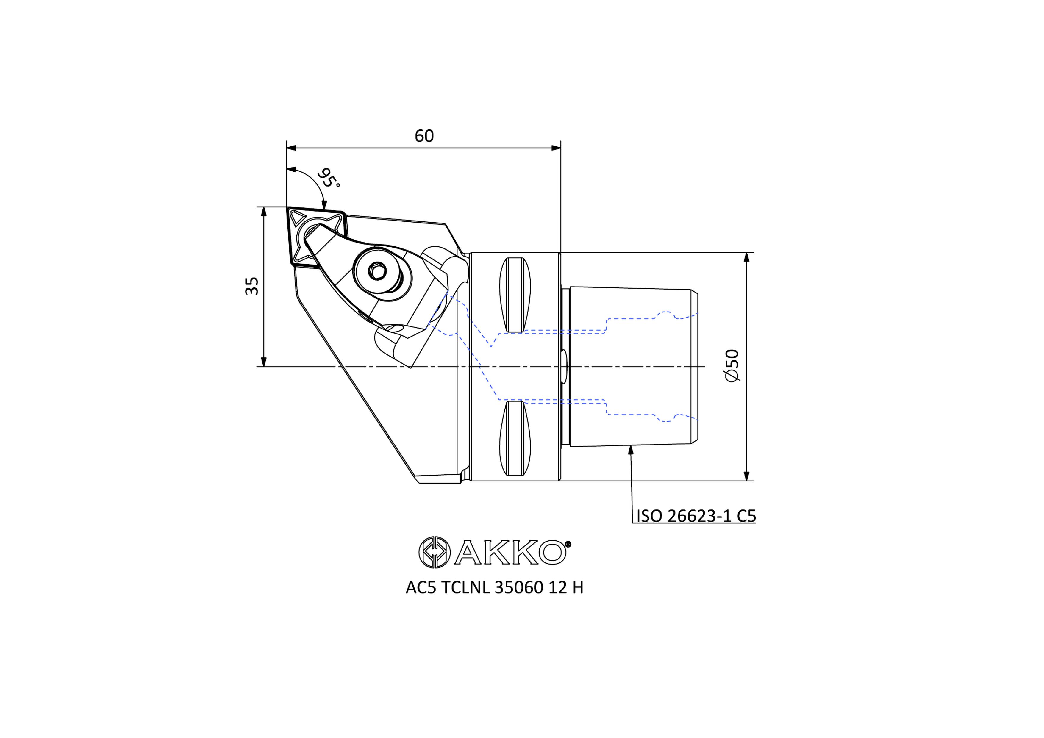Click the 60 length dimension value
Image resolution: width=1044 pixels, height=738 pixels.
[x=424, y=136]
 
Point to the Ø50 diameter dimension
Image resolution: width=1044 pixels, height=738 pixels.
[x=732, y=366]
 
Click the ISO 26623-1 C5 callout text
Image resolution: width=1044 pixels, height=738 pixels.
[x=696, y=516]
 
